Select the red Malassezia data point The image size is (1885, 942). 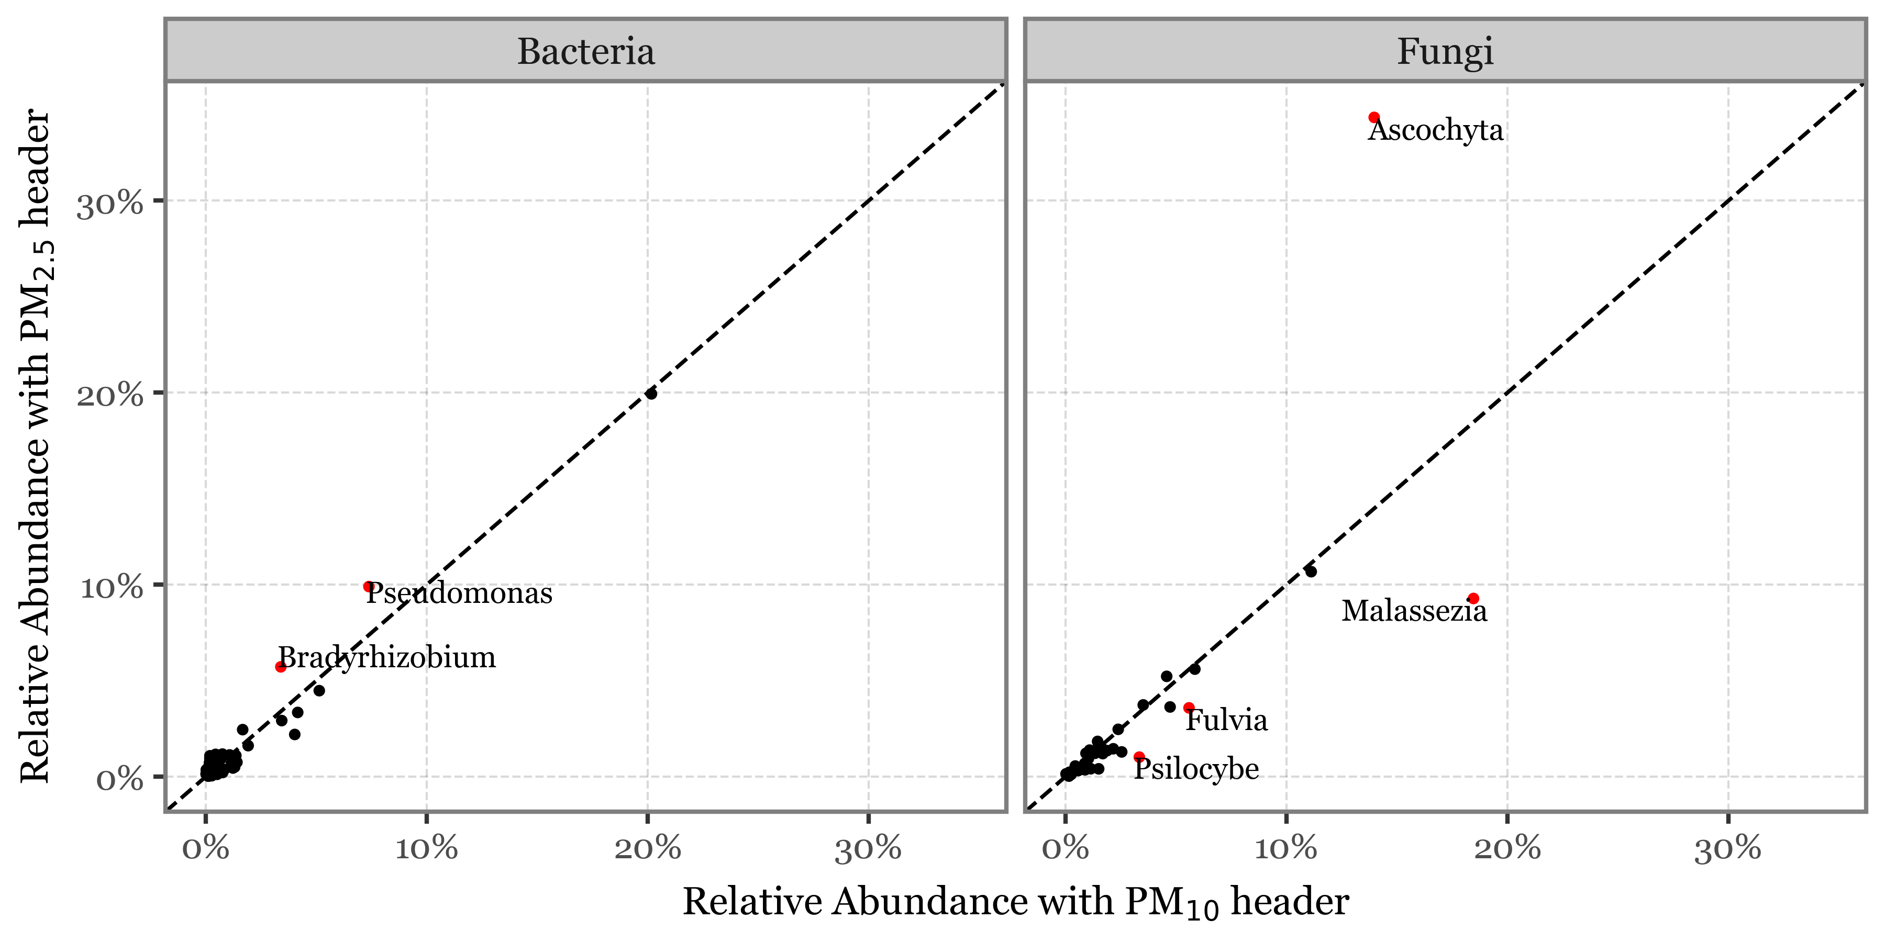1473,598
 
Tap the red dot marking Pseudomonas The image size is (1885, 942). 369,587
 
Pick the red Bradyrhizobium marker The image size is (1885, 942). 280,666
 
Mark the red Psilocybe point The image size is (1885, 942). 1139,757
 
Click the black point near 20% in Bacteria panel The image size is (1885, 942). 650,394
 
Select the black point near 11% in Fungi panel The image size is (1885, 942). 1311,571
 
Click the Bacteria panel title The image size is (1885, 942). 585,51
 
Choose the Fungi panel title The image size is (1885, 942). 1445,51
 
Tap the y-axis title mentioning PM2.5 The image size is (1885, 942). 37,446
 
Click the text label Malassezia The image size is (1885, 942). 1414,611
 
